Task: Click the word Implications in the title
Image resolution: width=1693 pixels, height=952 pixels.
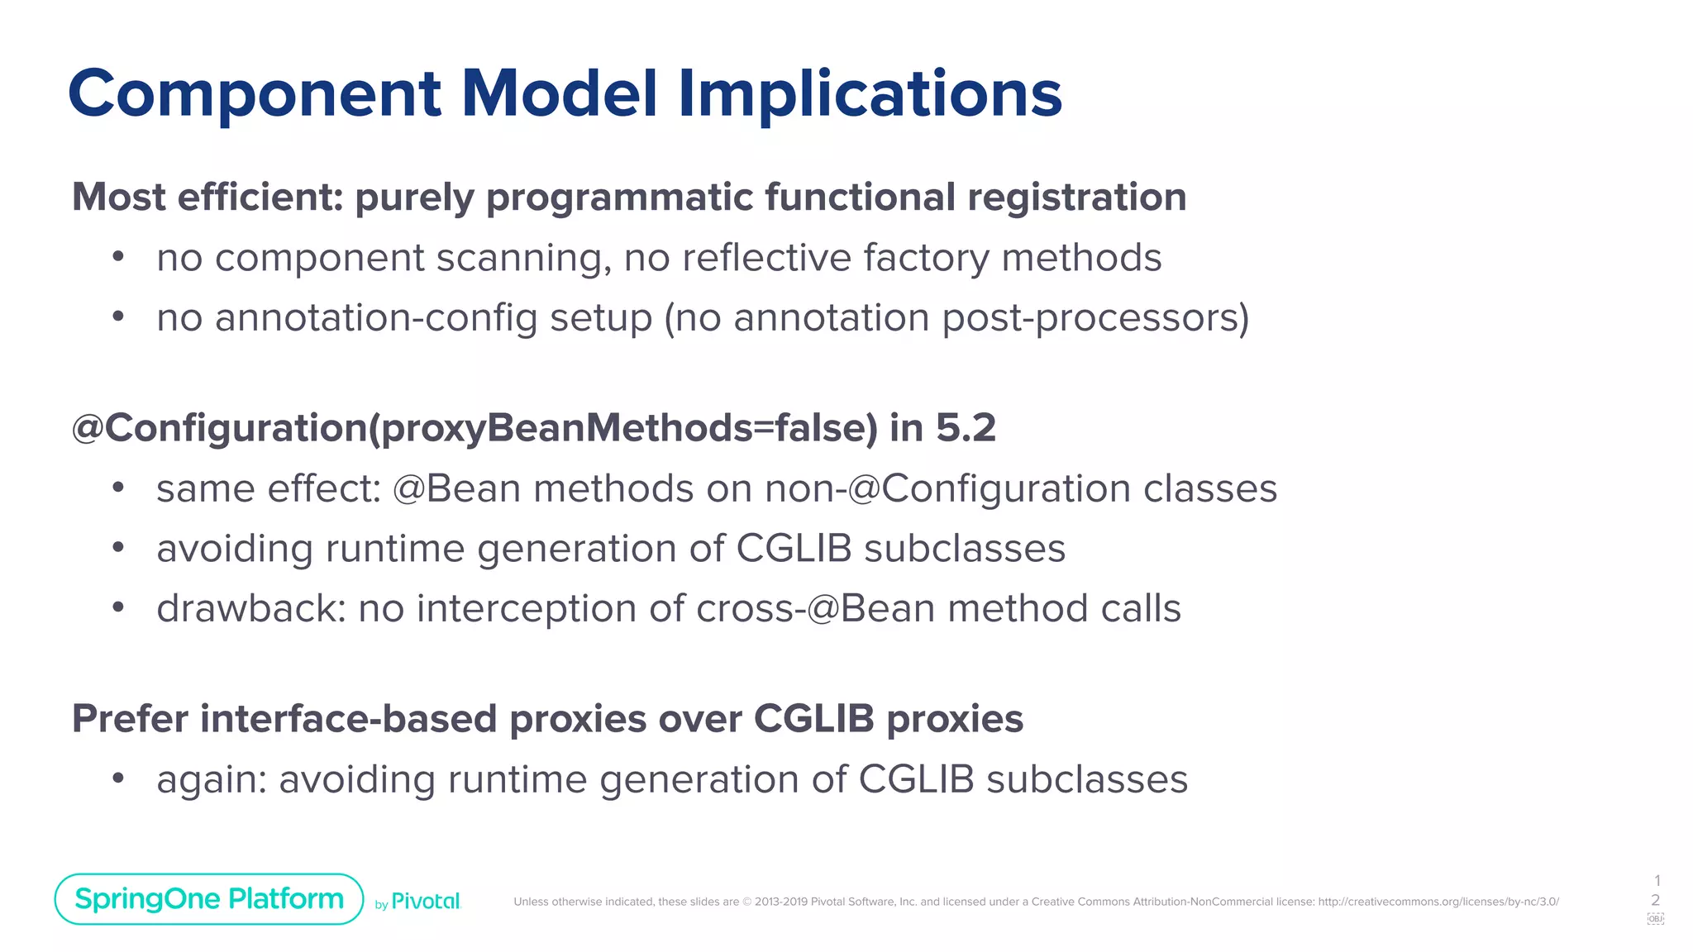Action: pos(870,94)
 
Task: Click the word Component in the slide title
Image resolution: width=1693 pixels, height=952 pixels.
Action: pos(255,94)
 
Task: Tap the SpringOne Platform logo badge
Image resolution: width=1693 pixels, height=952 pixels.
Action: pos(209,898)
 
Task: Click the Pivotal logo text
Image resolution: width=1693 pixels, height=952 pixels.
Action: pos(425,901)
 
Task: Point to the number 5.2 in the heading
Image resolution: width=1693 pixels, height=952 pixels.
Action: pos(966,428)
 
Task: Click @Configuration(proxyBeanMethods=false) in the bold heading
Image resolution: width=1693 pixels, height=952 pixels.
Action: pos(475,429)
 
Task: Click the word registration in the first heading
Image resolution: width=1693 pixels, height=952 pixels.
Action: pos(1076,198)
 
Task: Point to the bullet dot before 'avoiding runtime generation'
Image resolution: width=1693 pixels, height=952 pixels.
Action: pos(118,547)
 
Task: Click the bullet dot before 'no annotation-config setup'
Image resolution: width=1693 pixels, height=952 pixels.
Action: pos(118,317)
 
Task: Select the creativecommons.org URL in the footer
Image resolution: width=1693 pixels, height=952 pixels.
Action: pos(1438,902)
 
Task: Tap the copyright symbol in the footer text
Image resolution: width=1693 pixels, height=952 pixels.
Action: pos(746,902)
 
